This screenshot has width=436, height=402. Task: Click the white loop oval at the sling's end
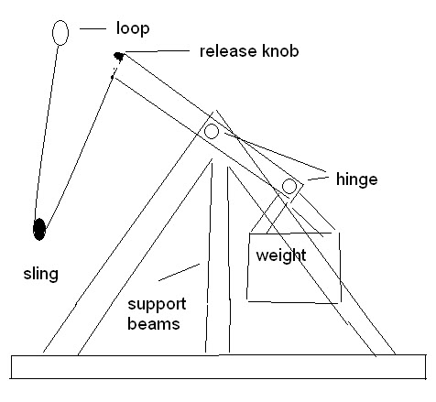click(60, 33)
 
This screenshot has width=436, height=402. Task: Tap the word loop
click(132, 29)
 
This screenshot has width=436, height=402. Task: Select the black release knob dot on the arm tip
click(118, 58)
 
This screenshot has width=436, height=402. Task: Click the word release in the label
click(225, 50)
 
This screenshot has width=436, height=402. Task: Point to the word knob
click(278, 50)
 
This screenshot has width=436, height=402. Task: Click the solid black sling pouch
click(39, 229)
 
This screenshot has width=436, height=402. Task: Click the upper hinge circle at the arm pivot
click(212, 132)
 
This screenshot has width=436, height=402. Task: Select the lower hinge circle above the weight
click(289, 187)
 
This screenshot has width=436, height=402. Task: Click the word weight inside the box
click(280, 255)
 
